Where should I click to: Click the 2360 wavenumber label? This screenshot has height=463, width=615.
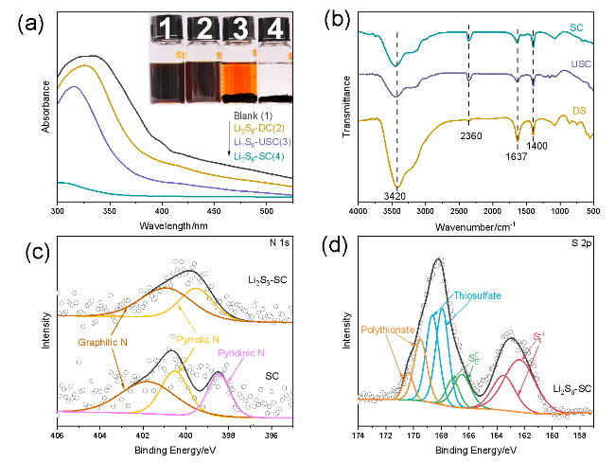coord(468,136)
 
